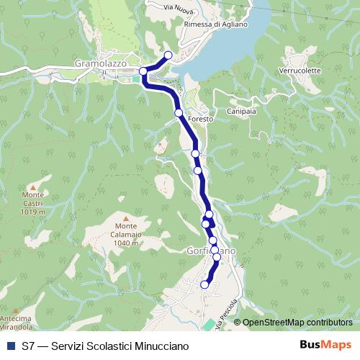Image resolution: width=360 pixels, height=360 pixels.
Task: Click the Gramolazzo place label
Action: point(101,63)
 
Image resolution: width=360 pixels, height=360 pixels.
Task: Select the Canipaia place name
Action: point(243,113)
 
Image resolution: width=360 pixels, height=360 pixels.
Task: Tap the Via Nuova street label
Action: point(179,8)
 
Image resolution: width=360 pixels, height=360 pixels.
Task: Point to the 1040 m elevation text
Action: point(126,243)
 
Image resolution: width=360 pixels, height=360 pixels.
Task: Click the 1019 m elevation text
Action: point(34,212)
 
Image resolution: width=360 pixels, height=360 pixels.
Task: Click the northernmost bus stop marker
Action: point(168,55)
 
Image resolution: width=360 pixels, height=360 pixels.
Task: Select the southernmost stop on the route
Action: point(204,285)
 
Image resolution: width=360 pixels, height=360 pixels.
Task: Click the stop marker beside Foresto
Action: point(179,113)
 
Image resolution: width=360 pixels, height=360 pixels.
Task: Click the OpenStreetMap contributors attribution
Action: point(297,323)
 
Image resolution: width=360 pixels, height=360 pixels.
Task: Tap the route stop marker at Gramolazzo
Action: point(143,71)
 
